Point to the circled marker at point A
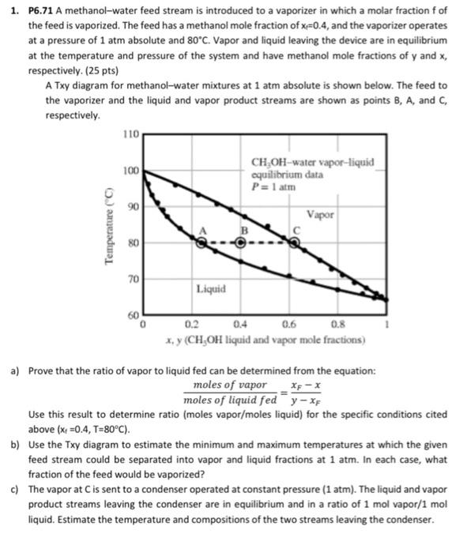click(204, 244)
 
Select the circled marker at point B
click(240, 244)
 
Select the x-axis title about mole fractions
click(262, 338)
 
